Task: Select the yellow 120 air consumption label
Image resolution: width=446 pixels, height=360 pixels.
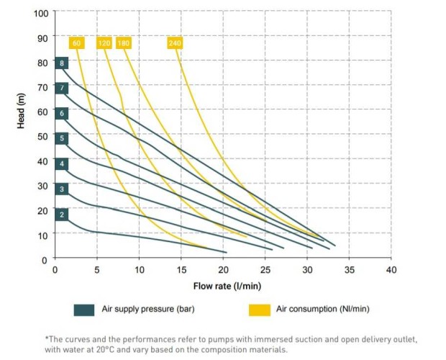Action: point(105,43)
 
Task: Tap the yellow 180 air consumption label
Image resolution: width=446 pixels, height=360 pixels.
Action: point(123,43)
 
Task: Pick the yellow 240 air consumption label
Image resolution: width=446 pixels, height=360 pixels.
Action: point(175,43)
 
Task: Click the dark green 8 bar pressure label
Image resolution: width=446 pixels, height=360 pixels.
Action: point(63,63)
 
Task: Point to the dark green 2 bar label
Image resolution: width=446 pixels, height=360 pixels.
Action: point(63,214)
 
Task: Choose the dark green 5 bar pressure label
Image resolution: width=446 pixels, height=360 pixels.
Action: point(63,138)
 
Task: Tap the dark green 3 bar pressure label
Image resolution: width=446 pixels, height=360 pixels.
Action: point(63,189)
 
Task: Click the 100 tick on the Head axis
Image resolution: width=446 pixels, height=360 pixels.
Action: point(41,14)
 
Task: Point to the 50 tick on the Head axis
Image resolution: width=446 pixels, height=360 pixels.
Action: point(43,136)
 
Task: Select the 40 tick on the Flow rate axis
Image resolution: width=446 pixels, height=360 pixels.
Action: point(391,271)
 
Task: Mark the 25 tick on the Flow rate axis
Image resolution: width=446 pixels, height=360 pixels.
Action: point(265,271)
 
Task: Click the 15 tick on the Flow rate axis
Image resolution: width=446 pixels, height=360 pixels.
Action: point(181,271)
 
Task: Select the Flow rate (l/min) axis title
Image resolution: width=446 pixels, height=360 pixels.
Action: point(227,286)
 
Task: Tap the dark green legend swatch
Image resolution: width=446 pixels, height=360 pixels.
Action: point(84,310)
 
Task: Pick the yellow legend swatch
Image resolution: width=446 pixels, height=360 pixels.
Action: point(260,310)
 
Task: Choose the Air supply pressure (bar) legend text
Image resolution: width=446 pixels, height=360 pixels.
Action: point(148,310)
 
